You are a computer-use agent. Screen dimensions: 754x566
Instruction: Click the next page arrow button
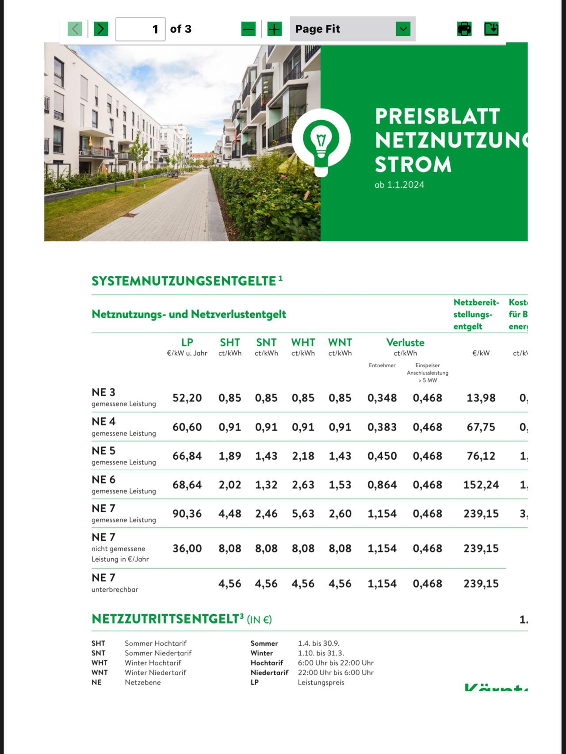101,29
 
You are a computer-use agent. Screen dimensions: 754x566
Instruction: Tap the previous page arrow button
75,29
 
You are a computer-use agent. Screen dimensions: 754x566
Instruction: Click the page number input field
140,29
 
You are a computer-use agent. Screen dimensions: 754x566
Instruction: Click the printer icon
464,29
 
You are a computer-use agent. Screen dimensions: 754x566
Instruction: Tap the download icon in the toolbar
491,29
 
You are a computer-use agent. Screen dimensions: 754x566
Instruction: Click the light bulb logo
321,140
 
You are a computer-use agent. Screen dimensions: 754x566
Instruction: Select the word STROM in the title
413,164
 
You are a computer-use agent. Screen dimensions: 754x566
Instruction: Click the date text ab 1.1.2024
399,185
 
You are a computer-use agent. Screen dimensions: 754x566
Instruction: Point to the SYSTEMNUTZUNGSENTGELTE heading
184,281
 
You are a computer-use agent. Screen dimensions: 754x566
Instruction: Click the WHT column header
303,343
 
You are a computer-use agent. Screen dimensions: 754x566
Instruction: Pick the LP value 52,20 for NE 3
187,398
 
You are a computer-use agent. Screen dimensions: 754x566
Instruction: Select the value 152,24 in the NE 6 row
481,485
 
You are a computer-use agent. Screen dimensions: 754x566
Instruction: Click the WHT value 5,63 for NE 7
303,514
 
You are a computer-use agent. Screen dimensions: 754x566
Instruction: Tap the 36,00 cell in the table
187,548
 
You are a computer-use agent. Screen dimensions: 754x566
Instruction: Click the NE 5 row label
103,451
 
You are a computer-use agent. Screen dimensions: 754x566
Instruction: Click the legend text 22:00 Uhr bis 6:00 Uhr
336,673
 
